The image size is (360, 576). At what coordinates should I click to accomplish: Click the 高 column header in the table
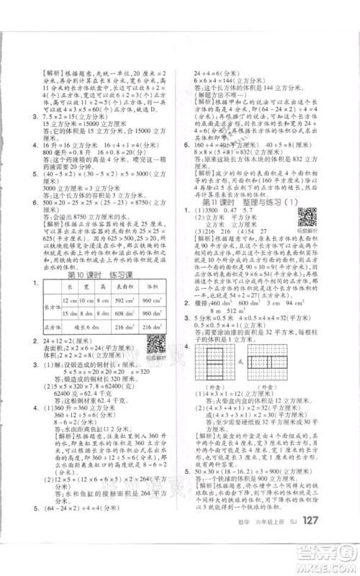(x=102, y=265)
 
